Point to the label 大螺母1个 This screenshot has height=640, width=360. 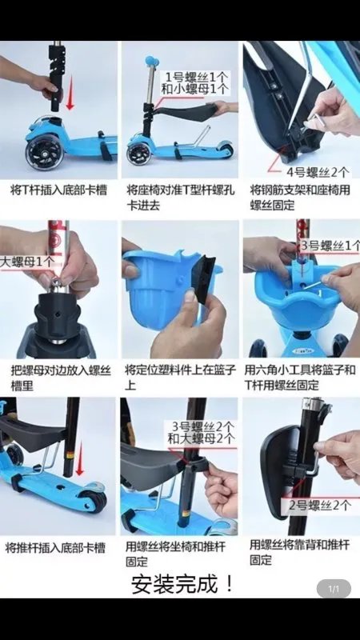point(27,262)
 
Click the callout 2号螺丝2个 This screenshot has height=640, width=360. point(318,505)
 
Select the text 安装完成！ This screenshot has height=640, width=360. point(183,585)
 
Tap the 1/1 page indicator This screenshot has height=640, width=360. point(334,590)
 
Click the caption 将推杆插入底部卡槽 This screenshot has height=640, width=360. point(55,548)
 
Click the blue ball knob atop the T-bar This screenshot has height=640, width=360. point(150,60)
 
